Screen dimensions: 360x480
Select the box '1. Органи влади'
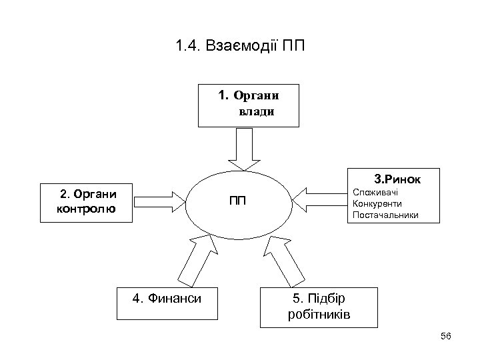248,105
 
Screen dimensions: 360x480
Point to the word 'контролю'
87,209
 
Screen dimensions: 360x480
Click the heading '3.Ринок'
397,179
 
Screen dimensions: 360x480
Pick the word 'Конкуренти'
377,203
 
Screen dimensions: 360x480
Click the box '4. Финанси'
167,299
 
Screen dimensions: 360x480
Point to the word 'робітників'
319,314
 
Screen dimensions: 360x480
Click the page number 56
446,336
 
